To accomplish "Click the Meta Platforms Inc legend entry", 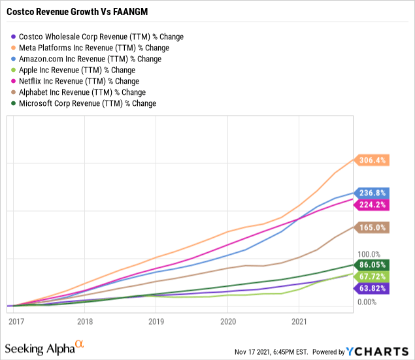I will pyautogui.click(x=93, y=48).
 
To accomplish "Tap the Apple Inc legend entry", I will pyautogui.click(x=76, y=70).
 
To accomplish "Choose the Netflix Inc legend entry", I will pyautogui.click(x=78, y=81).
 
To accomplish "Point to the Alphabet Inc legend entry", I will pyautogui.click(x=82, y=92).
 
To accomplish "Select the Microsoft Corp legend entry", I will pyautogui.click(x=87, y=103).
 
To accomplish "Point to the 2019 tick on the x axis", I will pyautogui.click(x=156, y=321).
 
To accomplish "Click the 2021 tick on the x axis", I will pyautogui.click(x=299, y=321).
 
